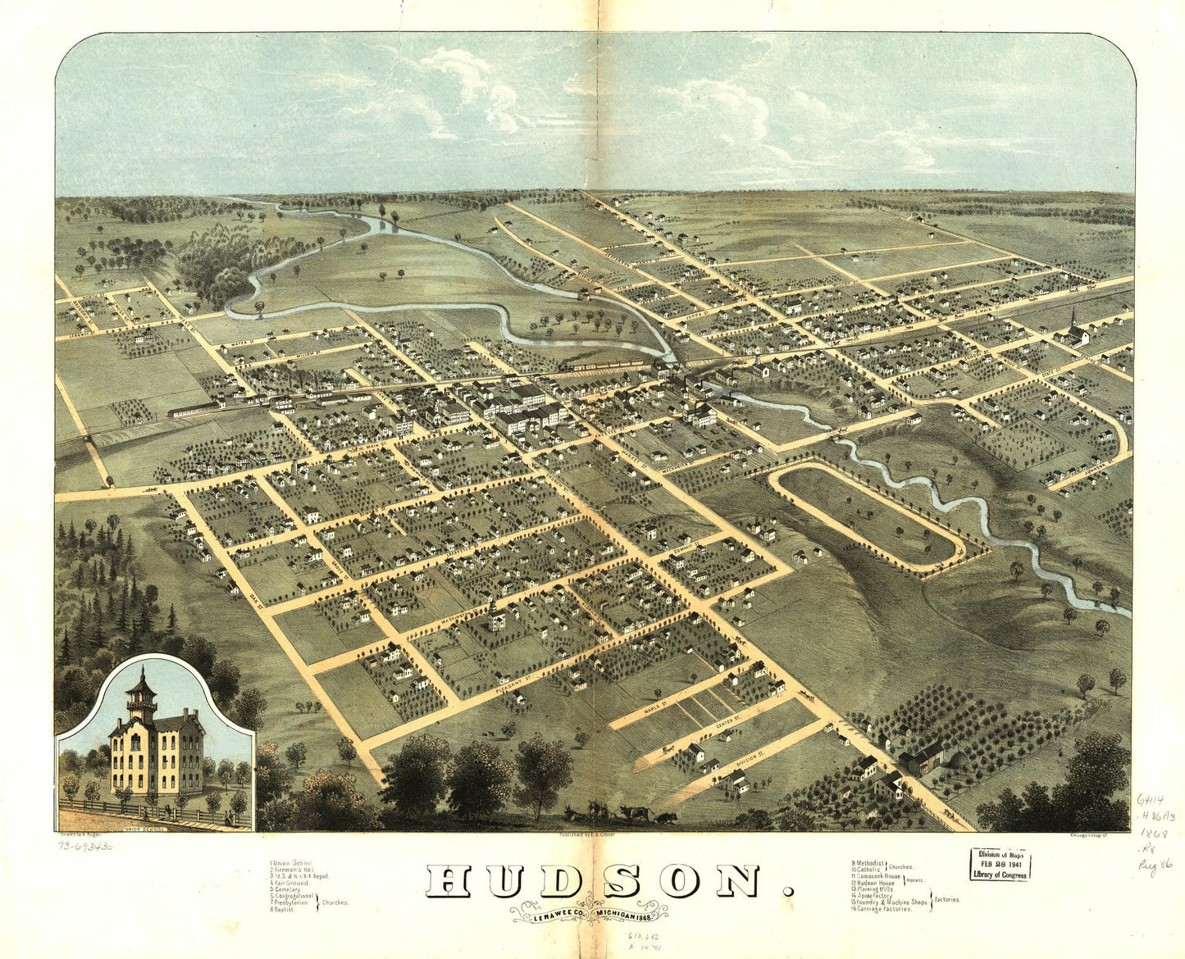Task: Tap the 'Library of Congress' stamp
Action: pyautogui.click(x=1000, y=865)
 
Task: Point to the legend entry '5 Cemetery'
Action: pyautogui.click(x=286, y=889)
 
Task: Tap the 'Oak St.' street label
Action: pyautogui.click(x=255, y=599)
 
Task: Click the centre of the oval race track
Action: pyautogui.click(x=866, y=514)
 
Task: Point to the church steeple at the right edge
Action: pyautogui.click(x=1073, y=321)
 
